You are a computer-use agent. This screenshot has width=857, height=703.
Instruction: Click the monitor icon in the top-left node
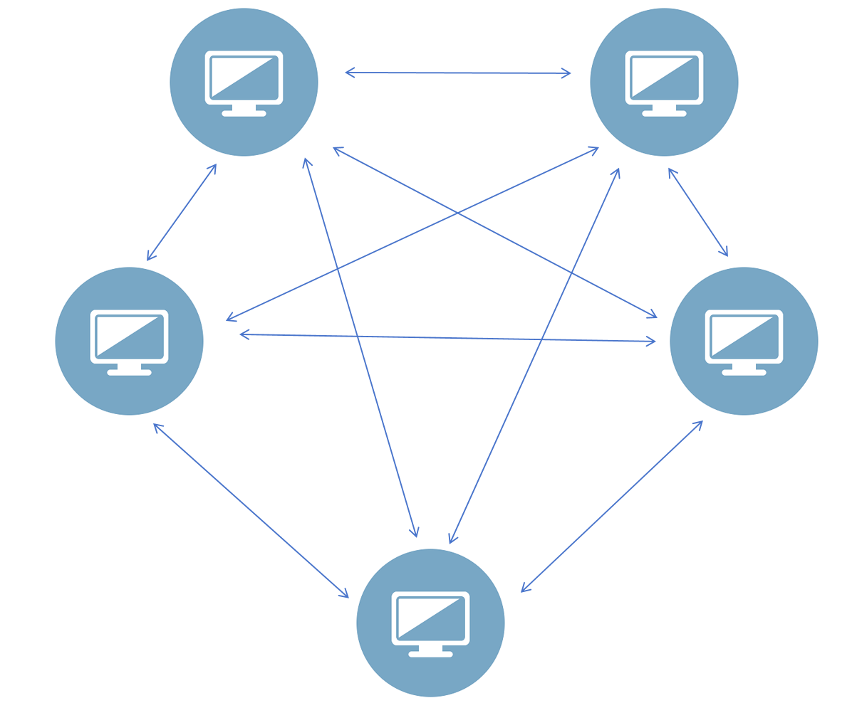244,78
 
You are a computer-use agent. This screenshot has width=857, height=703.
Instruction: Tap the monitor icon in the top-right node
664,78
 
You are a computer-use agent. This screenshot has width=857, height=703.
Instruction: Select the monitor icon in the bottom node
430,618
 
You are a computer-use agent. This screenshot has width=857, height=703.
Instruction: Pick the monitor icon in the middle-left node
129,337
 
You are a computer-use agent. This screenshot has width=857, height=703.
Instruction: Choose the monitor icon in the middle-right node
744,337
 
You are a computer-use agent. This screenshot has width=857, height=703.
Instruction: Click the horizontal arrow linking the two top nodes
457,73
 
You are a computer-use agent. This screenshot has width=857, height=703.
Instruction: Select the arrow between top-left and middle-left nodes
182,212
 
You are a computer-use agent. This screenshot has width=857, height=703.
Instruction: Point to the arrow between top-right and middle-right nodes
697,211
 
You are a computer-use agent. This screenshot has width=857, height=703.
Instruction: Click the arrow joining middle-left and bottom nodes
251,510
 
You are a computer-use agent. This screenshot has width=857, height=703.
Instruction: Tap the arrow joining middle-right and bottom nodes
612,506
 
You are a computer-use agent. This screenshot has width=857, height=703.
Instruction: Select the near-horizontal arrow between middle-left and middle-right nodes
447,338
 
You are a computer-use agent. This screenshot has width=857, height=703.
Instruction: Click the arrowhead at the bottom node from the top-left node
415,532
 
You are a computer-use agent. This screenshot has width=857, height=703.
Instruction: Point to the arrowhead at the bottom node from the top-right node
451,539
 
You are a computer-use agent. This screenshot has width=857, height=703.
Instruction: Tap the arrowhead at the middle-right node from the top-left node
653,315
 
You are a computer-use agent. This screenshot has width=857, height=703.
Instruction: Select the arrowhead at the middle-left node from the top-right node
230,319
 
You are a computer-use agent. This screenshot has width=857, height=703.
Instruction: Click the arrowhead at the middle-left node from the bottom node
157,426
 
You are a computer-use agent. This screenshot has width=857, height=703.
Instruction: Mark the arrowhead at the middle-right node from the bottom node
700,423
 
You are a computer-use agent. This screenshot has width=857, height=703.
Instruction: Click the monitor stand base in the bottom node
430,654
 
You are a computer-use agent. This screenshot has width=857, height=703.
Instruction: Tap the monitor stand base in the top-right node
664,113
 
